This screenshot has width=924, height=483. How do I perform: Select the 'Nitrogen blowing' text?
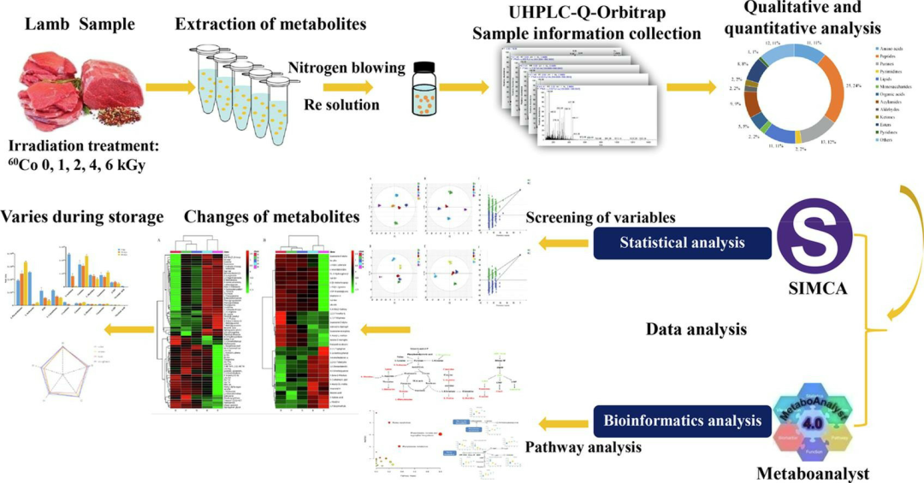pyautogui.click(x=346, y=68)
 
